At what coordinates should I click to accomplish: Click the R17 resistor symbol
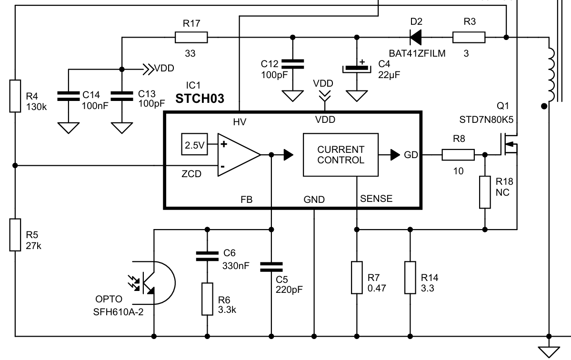(191, 38)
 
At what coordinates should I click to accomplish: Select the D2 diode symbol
(415, 37)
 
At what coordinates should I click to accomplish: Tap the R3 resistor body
(469, 38)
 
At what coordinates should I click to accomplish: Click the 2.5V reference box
(194, 144)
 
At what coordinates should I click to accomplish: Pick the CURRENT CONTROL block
(341, 155)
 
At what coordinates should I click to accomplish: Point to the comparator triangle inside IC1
(239, 155)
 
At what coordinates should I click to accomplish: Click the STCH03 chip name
(200, 99)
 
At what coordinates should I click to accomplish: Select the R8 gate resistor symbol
(458, 155)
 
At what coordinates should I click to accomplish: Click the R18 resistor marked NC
(485, 192)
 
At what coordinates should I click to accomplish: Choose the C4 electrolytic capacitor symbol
(357, 68)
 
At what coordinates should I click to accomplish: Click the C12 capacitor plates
(292, 64)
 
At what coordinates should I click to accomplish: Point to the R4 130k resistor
(15, 96)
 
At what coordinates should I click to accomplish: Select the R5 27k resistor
(15, 235)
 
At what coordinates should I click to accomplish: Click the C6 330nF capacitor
(207, 256)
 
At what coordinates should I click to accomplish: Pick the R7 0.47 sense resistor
(357, 277)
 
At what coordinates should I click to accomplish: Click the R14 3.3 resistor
(410, 277)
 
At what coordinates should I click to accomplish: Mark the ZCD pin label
(191, 174)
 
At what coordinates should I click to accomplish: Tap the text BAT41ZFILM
(417, 53)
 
